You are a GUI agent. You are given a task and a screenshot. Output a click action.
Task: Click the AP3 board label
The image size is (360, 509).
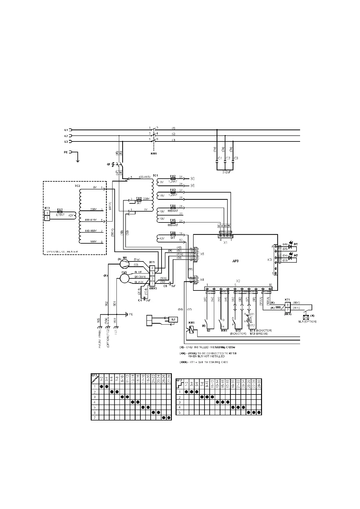(x=235, y=261)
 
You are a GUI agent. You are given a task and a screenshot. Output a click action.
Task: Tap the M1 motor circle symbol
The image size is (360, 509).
(x=124, y=264)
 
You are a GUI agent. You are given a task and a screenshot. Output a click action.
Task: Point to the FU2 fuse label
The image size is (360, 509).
(x=173, y=176)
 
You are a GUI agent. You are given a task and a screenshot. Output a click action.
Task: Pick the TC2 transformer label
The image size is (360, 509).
(x=77, y=186)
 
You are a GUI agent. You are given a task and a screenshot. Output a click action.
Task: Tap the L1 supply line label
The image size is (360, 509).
(x=66, y=130)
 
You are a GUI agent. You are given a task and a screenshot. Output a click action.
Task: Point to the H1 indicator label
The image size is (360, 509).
(x=296, y=244)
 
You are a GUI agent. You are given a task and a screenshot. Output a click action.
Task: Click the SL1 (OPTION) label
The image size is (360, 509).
(x=307, y=322)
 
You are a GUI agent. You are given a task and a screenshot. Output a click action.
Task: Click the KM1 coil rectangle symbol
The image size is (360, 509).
(x=191, y=329)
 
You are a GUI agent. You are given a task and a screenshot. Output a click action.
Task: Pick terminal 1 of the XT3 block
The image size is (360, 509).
(x=47, y=213)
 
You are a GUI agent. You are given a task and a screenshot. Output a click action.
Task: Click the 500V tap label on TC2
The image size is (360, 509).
(x=93, y=242)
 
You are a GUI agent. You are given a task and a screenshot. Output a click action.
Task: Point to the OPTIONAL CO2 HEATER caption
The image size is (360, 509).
(x=63, y=251)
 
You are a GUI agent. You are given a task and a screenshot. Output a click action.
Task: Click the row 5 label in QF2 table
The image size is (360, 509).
(x=179, y=412)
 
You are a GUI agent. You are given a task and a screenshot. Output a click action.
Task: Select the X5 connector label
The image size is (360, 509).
(x=202, y=254)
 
